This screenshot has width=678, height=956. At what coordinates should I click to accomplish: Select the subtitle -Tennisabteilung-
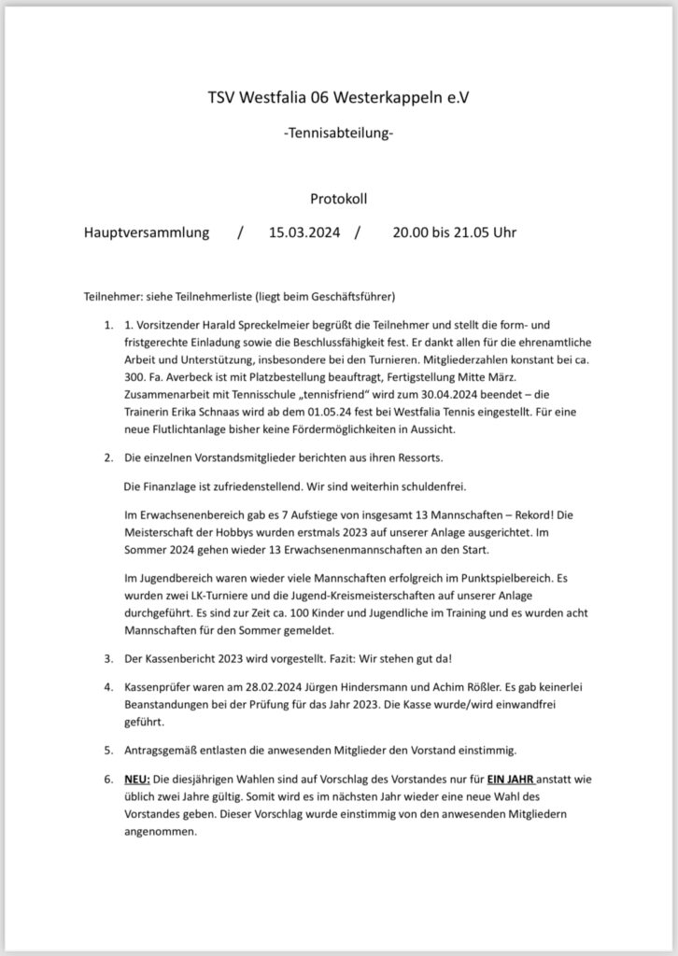[x=338, y=134]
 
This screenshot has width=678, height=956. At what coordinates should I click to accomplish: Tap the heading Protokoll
[x=338, y=198]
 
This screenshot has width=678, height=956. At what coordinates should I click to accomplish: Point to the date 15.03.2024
[x=304, y=232]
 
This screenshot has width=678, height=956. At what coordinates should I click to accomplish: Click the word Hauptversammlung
[x=147, y=232]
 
